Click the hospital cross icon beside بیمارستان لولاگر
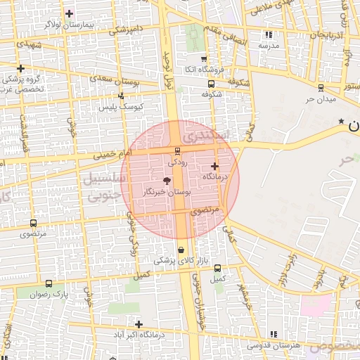[69, 13]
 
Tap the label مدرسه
[269, 45]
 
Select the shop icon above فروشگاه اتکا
[204, 59]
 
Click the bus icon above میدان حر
[321, 88]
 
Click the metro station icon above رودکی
[176, 150]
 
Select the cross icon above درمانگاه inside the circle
[214, 166]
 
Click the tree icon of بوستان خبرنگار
[166, 181]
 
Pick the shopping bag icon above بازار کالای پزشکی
[181, 249]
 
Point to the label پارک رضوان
[47, 294]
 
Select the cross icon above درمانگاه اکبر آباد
[139, 324]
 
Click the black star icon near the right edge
[341, 122]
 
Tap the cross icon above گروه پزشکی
[21, 69]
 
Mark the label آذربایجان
[327, 34]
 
